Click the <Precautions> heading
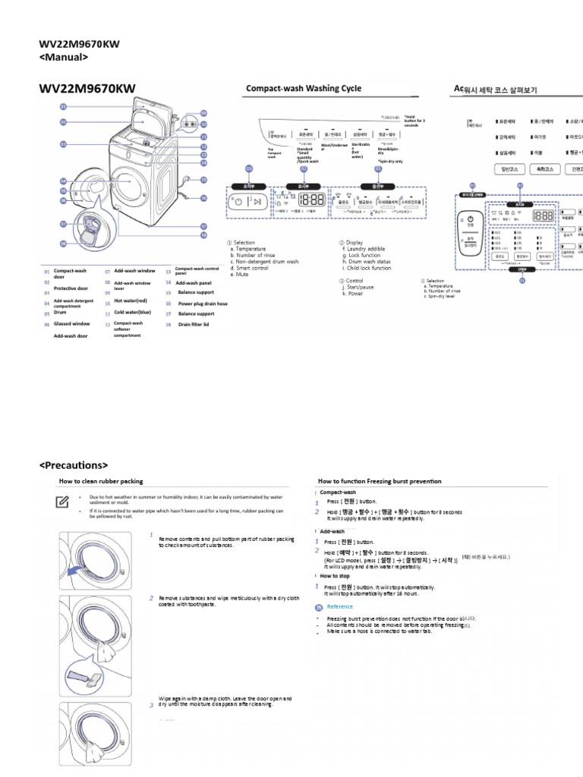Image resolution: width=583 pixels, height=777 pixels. (74, 465)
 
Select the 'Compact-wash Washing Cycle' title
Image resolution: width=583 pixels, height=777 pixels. (303, 89)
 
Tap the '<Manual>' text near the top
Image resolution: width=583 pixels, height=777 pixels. (64, 57)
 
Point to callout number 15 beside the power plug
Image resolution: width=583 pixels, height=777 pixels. (203, 180)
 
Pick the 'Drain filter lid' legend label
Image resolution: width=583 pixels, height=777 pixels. (193, 324)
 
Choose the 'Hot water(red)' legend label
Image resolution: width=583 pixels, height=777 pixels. (131, 301)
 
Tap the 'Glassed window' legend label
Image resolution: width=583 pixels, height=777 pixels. (71, 324)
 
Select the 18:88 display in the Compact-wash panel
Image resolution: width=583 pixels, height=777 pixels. (313, 200)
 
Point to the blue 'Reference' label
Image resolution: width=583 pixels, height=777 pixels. (340, 607)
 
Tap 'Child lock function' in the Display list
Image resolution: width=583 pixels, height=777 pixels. (367, 268)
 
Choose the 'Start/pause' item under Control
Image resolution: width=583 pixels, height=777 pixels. (361, 287)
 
